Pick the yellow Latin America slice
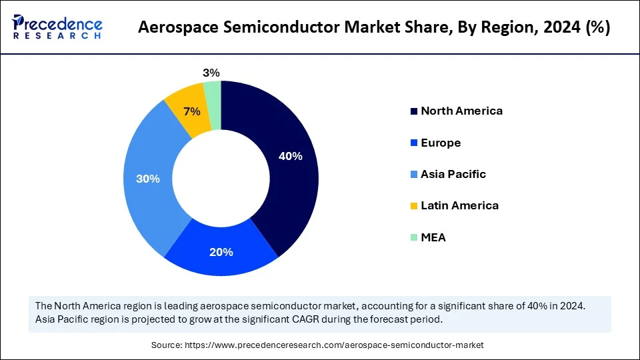[186, 107]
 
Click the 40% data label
[290, 156]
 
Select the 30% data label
[147, 179]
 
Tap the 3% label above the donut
[211, 73]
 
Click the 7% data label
[192, 111]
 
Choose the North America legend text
[461, 111]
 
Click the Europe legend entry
[440, 143]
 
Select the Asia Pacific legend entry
[453, 174]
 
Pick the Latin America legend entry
[459, 205]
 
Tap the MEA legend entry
[433, 237]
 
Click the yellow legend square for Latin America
[414, 206]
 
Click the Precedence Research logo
[57, 27]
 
